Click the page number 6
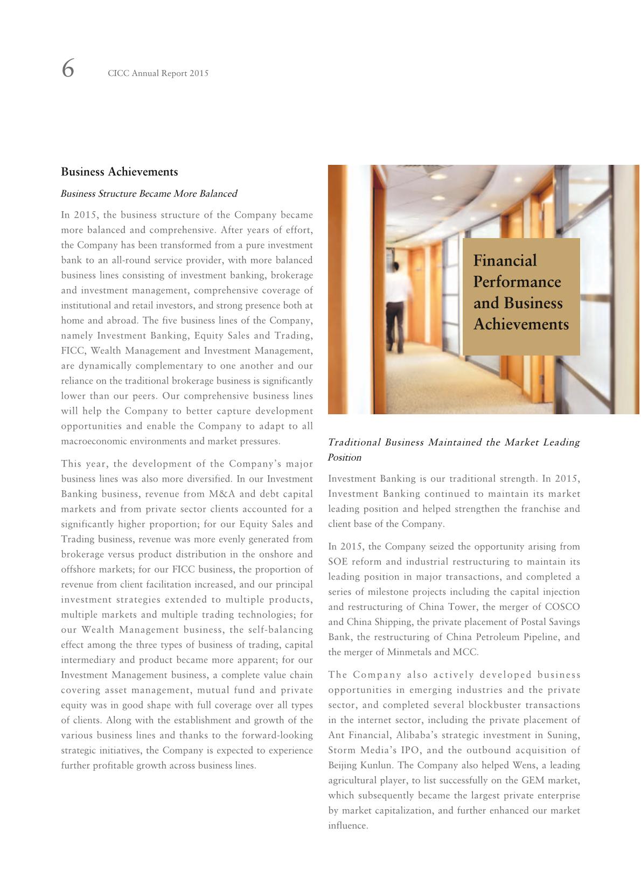[x=68, y=69]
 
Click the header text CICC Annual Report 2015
[x=158, y=73]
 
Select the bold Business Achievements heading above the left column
[x=119, y=172]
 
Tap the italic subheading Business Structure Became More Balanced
[x=149, y=193]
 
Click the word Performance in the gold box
[x=517, y=282]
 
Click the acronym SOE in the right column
[x=338, y=561]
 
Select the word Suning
[x=565, y=735]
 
